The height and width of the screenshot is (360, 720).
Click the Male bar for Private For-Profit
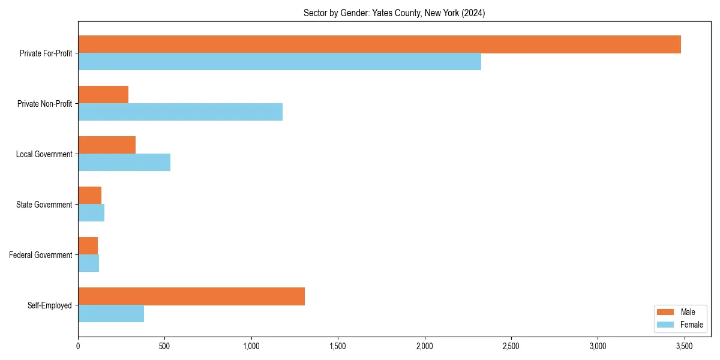[x=379, y=44]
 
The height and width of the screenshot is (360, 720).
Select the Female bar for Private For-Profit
[x=280, y=62]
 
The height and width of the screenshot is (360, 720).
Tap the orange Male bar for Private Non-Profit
[x=103, y=95]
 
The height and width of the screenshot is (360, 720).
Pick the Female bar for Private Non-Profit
[x=180, y=112]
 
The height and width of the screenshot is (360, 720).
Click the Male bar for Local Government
[x=107, y=145]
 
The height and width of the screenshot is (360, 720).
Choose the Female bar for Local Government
[x=124, y=163]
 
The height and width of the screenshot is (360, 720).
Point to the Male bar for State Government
[x=89, y=196]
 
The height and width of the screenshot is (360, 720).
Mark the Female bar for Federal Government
[x=88, y=263]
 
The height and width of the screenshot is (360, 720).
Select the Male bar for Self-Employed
[x=191, y=296]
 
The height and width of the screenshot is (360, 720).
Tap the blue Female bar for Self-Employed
[x=111, y=314]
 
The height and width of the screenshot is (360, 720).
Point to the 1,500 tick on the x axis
[x=338, y=346]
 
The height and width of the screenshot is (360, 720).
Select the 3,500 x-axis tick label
[x=684, y=346]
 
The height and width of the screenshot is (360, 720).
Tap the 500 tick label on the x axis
[x=164, y=346]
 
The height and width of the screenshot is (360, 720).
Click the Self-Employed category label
[x=50, y=305]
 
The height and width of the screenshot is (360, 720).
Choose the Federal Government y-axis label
[x=41, y=255]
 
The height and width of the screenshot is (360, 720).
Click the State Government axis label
[x=44, y=205]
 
